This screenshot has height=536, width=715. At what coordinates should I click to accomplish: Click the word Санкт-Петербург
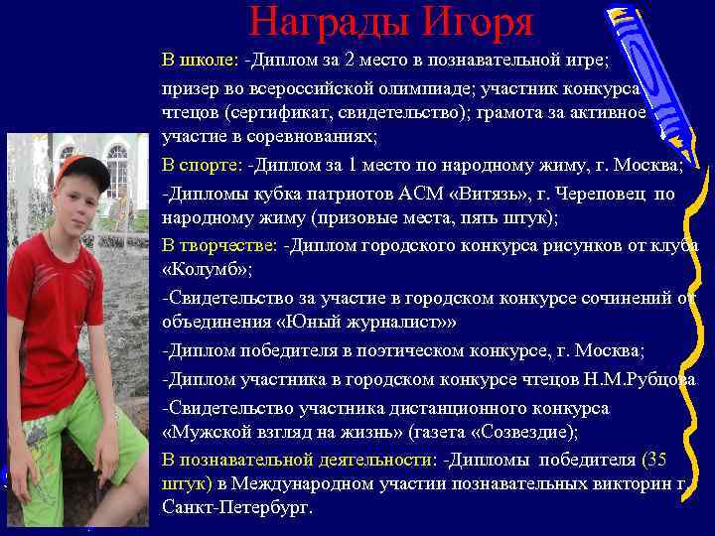click(x=235, y=507)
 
